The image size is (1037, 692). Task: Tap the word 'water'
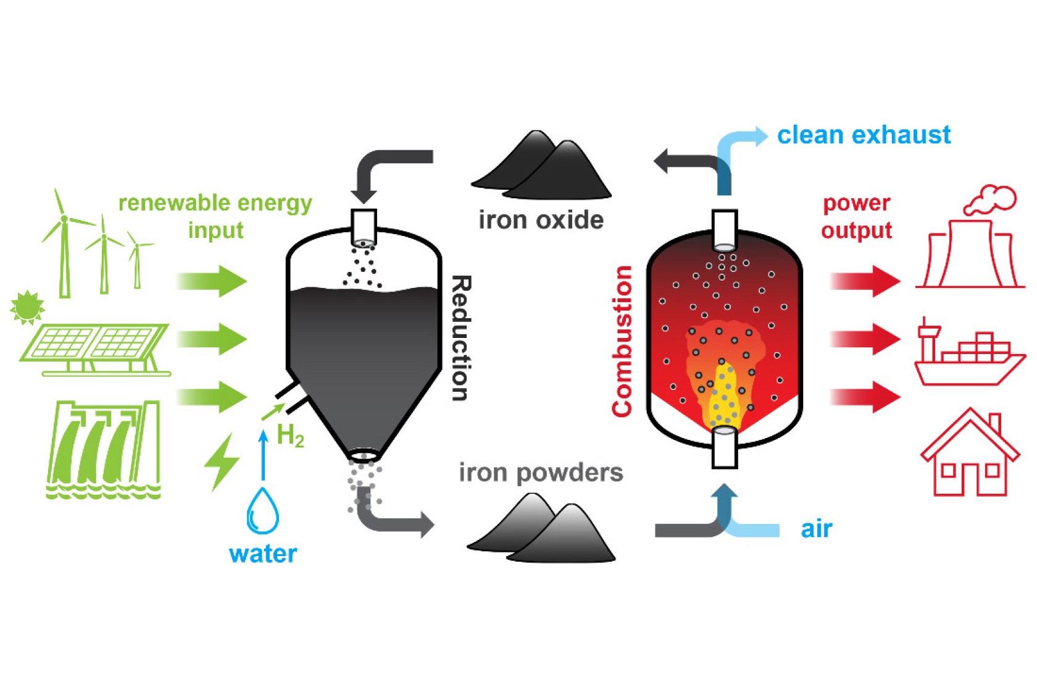[263, 554]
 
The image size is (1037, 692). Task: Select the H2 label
[290, 436]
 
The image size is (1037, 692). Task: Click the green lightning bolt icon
[222, 462]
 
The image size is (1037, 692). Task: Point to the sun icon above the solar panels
[27, 307]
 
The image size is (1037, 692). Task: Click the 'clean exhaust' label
[864, 135]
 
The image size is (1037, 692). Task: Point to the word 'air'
[816, 530]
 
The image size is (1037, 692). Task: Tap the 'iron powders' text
[541, 473]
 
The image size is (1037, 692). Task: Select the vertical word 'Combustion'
[622, 341]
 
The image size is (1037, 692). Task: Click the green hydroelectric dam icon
[104, 448]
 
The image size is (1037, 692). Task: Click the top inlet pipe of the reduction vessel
[364, 227]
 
